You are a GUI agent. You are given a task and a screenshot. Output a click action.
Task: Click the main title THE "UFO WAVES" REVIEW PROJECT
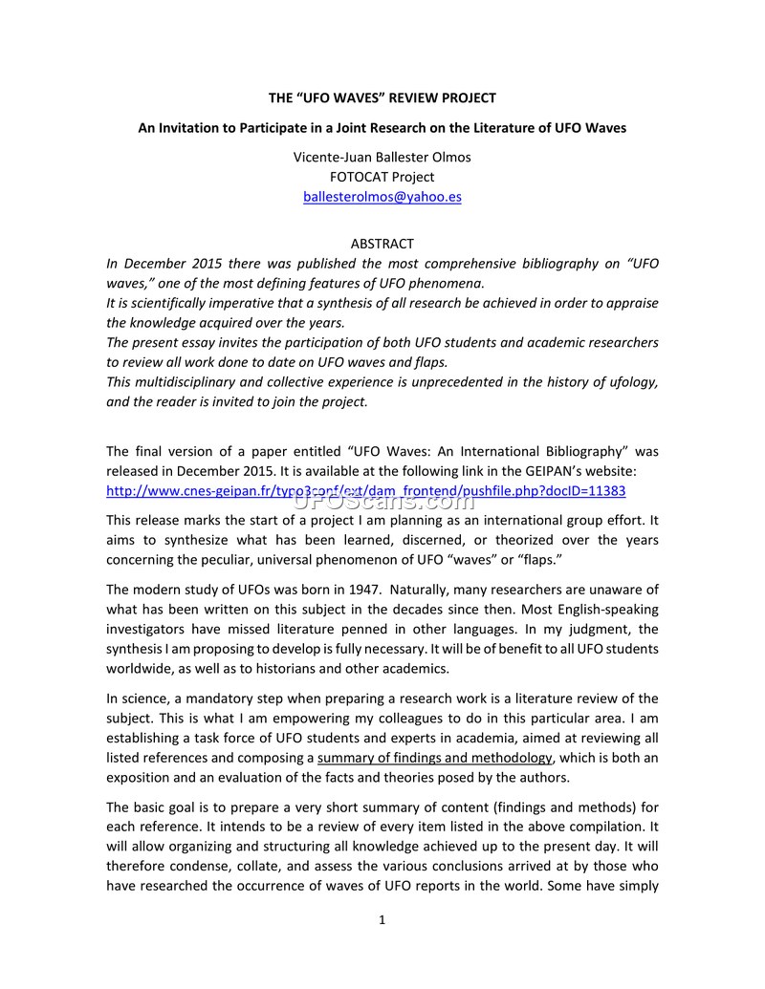tap(382, 98)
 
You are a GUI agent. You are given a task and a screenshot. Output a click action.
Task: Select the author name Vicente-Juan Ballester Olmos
tap(382, 157)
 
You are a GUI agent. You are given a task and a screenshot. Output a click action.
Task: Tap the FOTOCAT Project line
tap(382, 177)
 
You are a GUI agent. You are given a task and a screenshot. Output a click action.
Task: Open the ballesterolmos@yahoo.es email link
tap(382, 197)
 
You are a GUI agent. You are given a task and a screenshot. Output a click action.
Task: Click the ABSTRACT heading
tap(382, 244)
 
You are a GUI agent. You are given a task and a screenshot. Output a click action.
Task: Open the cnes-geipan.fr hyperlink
tap(365, 490)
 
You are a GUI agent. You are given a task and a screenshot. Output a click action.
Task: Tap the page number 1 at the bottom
tap(382, 921)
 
